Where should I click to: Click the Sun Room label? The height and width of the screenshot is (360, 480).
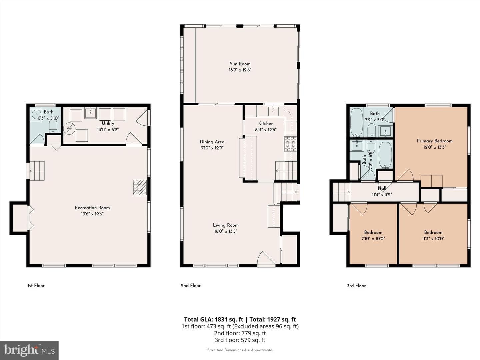click(x=240, y=64)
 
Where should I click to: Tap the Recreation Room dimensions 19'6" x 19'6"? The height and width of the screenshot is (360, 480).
click(x=92, y=214)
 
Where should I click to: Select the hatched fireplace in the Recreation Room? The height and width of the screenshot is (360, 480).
click(x=140, y=187)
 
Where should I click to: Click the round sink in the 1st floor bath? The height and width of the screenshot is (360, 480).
click(x=35, y=114)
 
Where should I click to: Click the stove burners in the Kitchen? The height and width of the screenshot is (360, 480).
click(x=290, y=144)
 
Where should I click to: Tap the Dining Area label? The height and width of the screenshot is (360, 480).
click(x=212, y=142)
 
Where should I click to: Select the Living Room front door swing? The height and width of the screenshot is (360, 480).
click(x=266, y=259)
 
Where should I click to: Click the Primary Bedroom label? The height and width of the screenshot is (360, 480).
click(x=435, y=141)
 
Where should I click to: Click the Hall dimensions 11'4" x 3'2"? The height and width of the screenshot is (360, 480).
click(x=382, y=194)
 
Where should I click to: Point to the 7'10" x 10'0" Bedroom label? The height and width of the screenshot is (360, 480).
click(x=373, y=232)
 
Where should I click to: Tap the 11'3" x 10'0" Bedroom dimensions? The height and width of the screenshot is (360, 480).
click(x=433, y=238)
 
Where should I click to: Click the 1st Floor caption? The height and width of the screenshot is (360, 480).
click(x=36, y=286)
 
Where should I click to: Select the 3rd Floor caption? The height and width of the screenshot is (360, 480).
click(x=356, y=286)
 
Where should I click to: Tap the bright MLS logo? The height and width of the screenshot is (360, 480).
click(x=29, y=350)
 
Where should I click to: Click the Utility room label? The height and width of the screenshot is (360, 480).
click(x=108, y=123)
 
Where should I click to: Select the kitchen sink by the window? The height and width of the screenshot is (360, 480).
click(x=273, y=111)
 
